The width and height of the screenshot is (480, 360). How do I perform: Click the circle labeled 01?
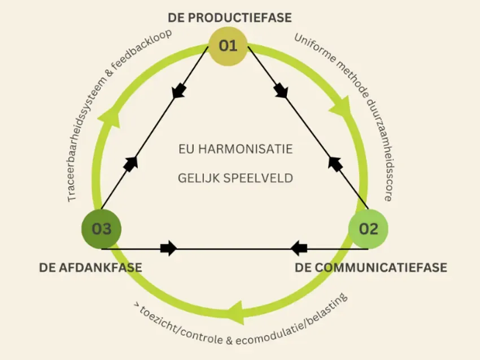coord(228,45)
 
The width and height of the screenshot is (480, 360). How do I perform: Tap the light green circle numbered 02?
coord(368,229)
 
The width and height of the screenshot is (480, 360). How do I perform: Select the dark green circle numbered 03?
coord(102,229)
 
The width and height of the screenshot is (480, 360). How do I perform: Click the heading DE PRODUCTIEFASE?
coord(230,18)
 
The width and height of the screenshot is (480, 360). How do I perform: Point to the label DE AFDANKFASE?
coord(90,267)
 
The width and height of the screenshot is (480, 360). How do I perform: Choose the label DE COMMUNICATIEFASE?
coord(371,267)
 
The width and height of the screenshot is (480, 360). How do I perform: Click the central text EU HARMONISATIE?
coord(235,150)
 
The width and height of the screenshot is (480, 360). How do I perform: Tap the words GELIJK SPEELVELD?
coord(235,178)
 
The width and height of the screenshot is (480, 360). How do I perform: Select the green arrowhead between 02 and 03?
coord(235,314)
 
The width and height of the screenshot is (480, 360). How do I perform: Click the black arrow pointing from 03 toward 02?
coord(168,248)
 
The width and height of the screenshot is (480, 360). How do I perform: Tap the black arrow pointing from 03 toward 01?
coord(130,163)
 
